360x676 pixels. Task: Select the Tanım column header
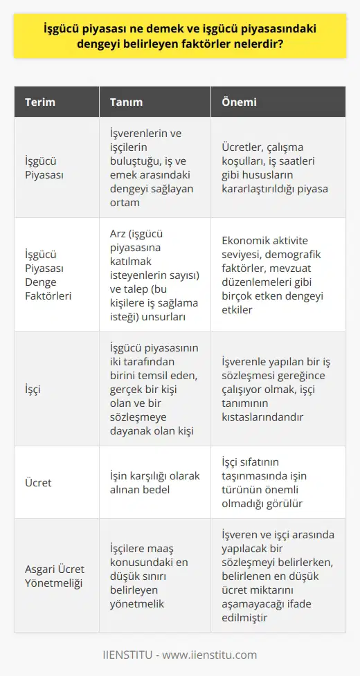(x=126, y=102)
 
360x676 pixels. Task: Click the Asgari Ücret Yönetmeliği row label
(x=53, y=575)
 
